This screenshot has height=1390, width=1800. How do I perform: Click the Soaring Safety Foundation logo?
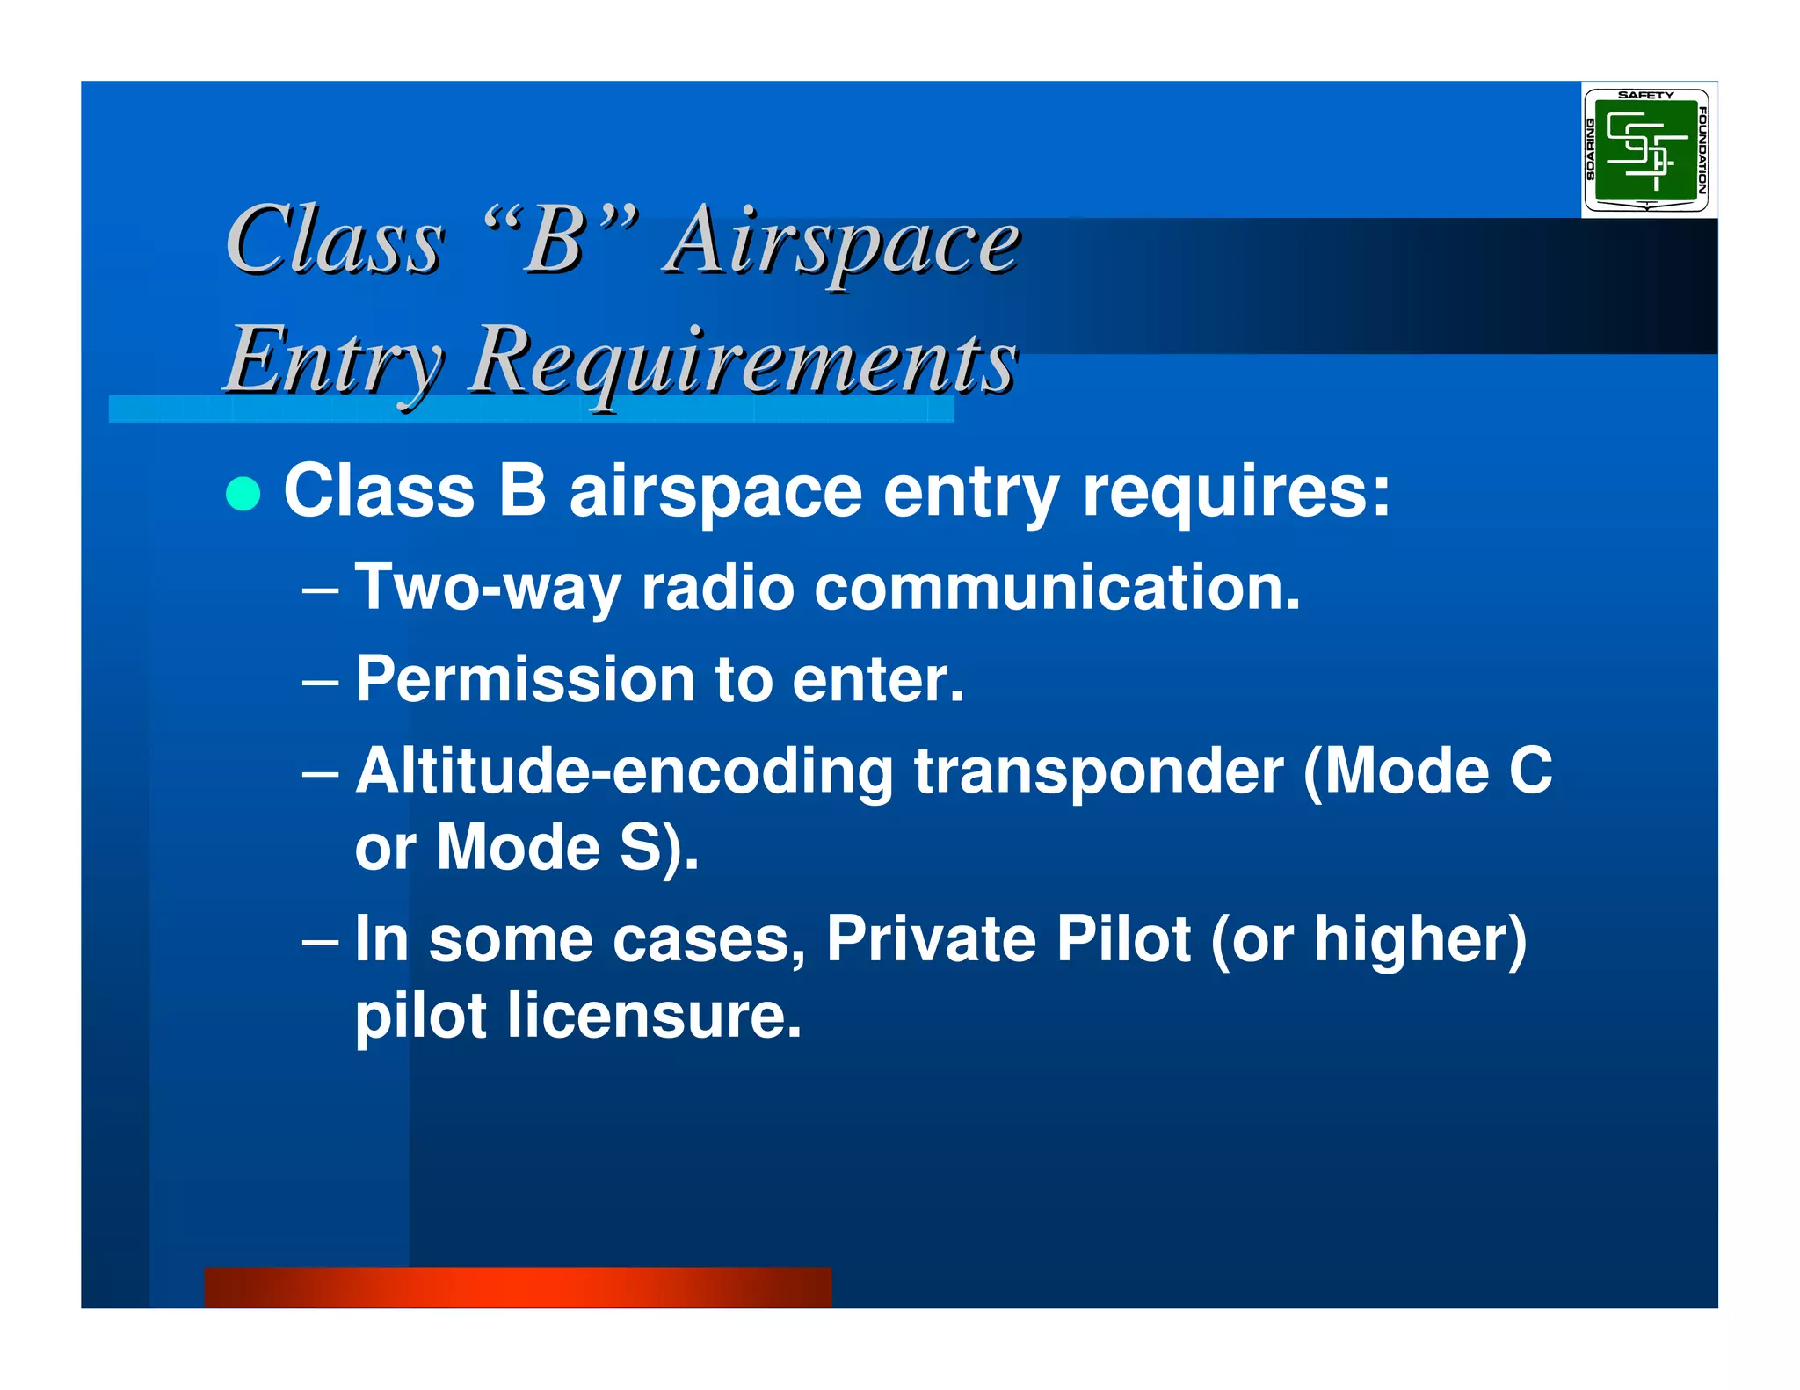pos(1646,150)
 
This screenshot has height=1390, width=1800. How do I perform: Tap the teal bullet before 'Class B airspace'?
pos(243,494)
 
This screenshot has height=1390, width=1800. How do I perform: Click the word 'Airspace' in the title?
pos(842,242)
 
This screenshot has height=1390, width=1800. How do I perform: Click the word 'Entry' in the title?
pos(334,360)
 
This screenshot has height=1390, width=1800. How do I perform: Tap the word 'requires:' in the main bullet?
pos(1236,492)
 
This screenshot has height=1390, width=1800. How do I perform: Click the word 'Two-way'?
pos(487,588)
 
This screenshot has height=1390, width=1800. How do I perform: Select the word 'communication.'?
pos(1056,588)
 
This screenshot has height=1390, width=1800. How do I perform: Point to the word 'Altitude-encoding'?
pos(624,771)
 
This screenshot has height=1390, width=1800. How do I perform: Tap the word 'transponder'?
pos(1099,771)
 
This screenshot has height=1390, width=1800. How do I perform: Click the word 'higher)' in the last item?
pos(1420,940)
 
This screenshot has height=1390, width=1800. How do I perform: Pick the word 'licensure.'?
pos(654,1016)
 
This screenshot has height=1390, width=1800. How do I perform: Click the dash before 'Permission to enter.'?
pos(320,683)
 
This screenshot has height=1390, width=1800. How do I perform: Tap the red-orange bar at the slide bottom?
pos(517,1286)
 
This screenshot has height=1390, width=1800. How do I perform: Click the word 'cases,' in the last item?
pos(708,940)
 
